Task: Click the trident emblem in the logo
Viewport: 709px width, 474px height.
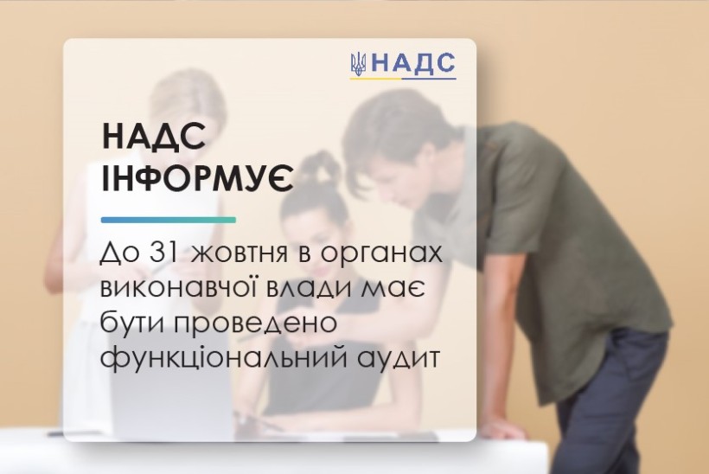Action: coord(359,64)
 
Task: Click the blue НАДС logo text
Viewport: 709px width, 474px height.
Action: coord(412,63)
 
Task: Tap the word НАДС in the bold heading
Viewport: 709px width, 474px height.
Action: coord(154,136)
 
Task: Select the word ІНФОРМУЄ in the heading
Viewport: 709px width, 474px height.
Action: coord(198,176)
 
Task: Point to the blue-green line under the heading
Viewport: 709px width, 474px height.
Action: coord(169,220)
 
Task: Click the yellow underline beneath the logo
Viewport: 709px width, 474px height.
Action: coord(376,78)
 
